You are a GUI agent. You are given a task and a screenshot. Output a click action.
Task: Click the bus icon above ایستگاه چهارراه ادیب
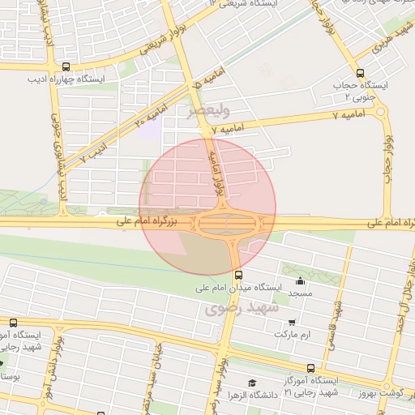point(65,67)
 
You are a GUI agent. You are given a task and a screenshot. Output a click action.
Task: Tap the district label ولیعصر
point(213,109)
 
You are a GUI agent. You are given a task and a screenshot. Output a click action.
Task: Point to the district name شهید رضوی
point(241,309)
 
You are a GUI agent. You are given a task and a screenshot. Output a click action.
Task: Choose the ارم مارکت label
point(293,334)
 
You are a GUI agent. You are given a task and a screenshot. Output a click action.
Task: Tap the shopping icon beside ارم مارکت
point(290,322)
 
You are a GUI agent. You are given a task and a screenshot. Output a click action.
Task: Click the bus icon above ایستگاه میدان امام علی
point(237,274)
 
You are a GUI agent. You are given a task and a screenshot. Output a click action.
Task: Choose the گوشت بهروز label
point(382,392)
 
